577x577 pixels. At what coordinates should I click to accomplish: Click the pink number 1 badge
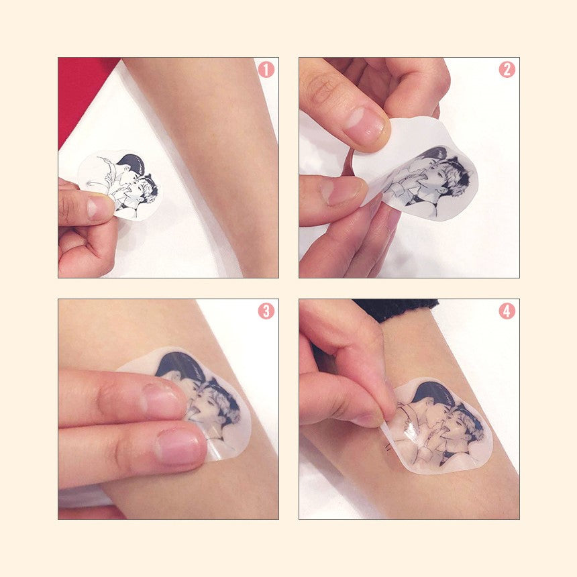tap(266, 70)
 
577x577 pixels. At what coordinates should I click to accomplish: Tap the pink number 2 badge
tap(507, 70)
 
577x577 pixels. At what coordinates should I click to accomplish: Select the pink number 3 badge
tap(266, 311)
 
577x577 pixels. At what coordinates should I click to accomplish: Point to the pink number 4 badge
tap(507, 311)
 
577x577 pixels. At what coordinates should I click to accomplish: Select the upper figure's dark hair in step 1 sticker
tap(132, 162)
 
